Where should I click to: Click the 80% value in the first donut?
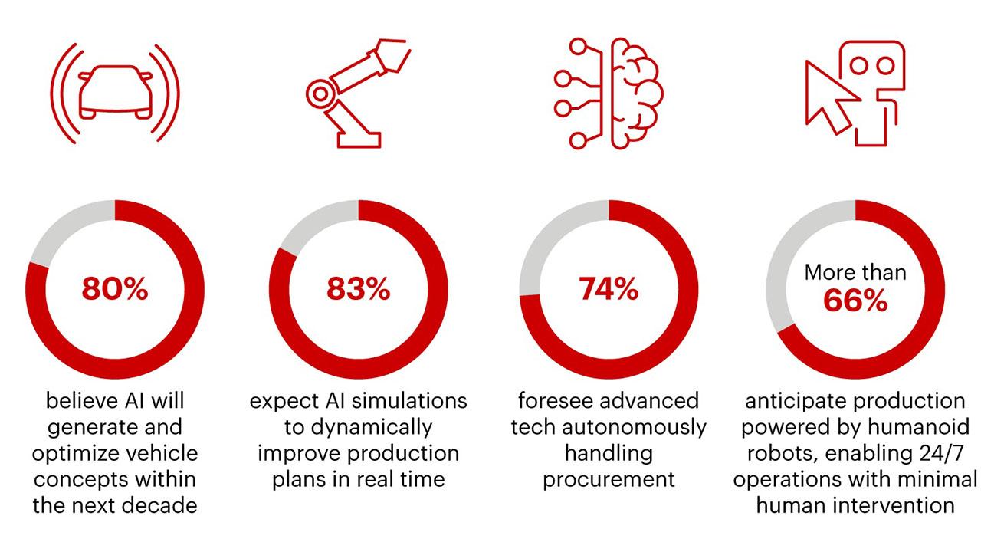(x=115, y=289)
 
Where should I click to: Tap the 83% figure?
(x=359, y=289)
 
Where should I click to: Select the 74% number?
(x=609, y=289)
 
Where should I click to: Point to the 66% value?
(x=855, y=301)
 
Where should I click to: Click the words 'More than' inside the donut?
(x=855, y=272)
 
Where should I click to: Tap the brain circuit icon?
(x=609, y=92)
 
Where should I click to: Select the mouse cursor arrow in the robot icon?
(x=831, y=96)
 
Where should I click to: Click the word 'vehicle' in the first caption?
(x=164, y=453)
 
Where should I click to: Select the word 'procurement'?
(x=609, y=480)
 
